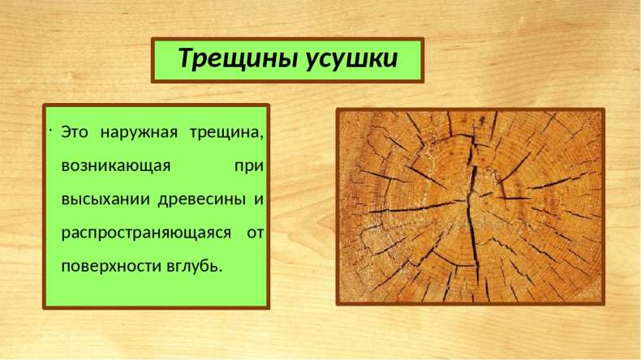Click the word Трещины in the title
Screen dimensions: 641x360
238,58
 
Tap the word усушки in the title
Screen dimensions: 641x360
352,59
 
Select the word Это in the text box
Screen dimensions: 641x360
75,132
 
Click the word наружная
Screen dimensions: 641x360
139,134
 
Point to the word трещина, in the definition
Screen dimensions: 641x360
227,134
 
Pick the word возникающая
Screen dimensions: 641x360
116,167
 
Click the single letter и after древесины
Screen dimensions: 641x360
259,200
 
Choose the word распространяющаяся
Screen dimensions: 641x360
146,234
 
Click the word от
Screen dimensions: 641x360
255,234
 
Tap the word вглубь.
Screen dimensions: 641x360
195,267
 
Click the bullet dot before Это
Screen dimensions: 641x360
49,131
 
